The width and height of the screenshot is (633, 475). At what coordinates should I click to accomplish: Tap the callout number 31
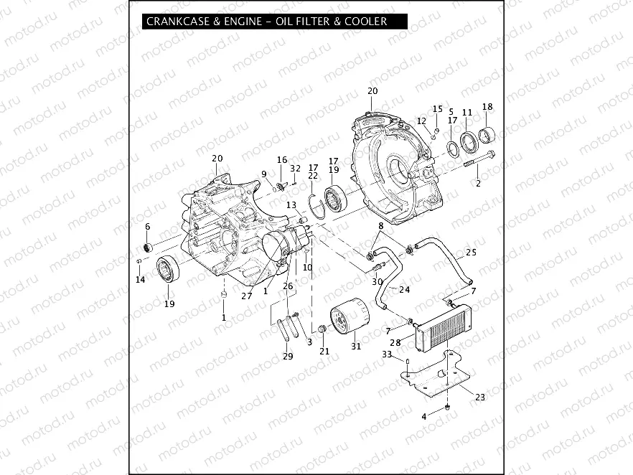click(x=356, y=347)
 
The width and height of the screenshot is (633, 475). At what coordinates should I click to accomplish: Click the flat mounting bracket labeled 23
click(x=435, y=379)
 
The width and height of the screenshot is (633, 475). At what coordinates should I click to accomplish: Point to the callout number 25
click(x=471, y=253)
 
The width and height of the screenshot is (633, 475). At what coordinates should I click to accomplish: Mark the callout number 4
click(x=424, y=417)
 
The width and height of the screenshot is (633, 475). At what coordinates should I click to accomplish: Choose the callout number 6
click(x=148, y=227)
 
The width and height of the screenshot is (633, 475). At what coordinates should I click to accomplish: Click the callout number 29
click(x=288, y=357)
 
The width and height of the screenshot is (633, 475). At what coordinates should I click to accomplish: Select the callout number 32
click(x=296, y=168)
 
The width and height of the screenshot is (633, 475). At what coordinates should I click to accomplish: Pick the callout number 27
click(x=247, y=295)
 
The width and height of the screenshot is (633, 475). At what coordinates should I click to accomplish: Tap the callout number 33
click(x=386, y=354)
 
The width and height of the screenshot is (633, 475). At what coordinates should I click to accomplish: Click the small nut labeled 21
click(x=323, y=329)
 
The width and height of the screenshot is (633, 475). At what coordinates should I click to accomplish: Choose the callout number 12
click(x=422, y=121)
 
